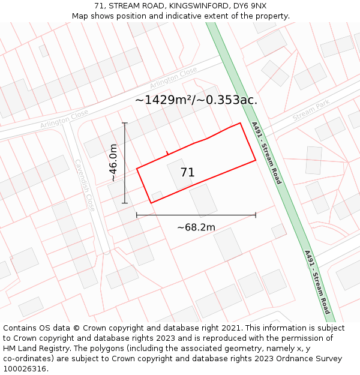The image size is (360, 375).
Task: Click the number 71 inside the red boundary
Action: click(187, 173)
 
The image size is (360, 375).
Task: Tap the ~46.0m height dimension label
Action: click(113, 163)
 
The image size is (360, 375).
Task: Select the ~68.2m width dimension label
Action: click(196, 227)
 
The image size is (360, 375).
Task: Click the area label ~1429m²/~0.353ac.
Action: click(196, 100)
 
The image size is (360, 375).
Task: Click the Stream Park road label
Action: click(311, 112)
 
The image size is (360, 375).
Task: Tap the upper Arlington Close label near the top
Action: click(173, 77)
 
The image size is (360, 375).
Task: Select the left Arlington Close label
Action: click(64, 119)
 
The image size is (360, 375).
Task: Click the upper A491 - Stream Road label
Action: click(266, 153)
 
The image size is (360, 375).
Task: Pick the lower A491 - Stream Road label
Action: click(317, 282)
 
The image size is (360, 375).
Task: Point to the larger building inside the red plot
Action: click(204, 200)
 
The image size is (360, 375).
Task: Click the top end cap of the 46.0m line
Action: click(125, 123)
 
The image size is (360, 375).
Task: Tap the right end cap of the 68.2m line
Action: click(256, 215)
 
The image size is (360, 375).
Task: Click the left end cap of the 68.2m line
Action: click(137, 215)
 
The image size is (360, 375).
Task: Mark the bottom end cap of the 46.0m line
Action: click(125, 203)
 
